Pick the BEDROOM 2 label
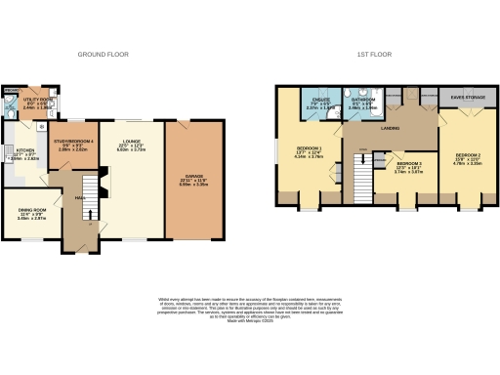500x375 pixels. pyautogui.click(x=467, y=155)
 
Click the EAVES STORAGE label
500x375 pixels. pyautogui.click(x=467, y=97)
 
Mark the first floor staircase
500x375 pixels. pyautogui.click(x=363, y=177)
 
